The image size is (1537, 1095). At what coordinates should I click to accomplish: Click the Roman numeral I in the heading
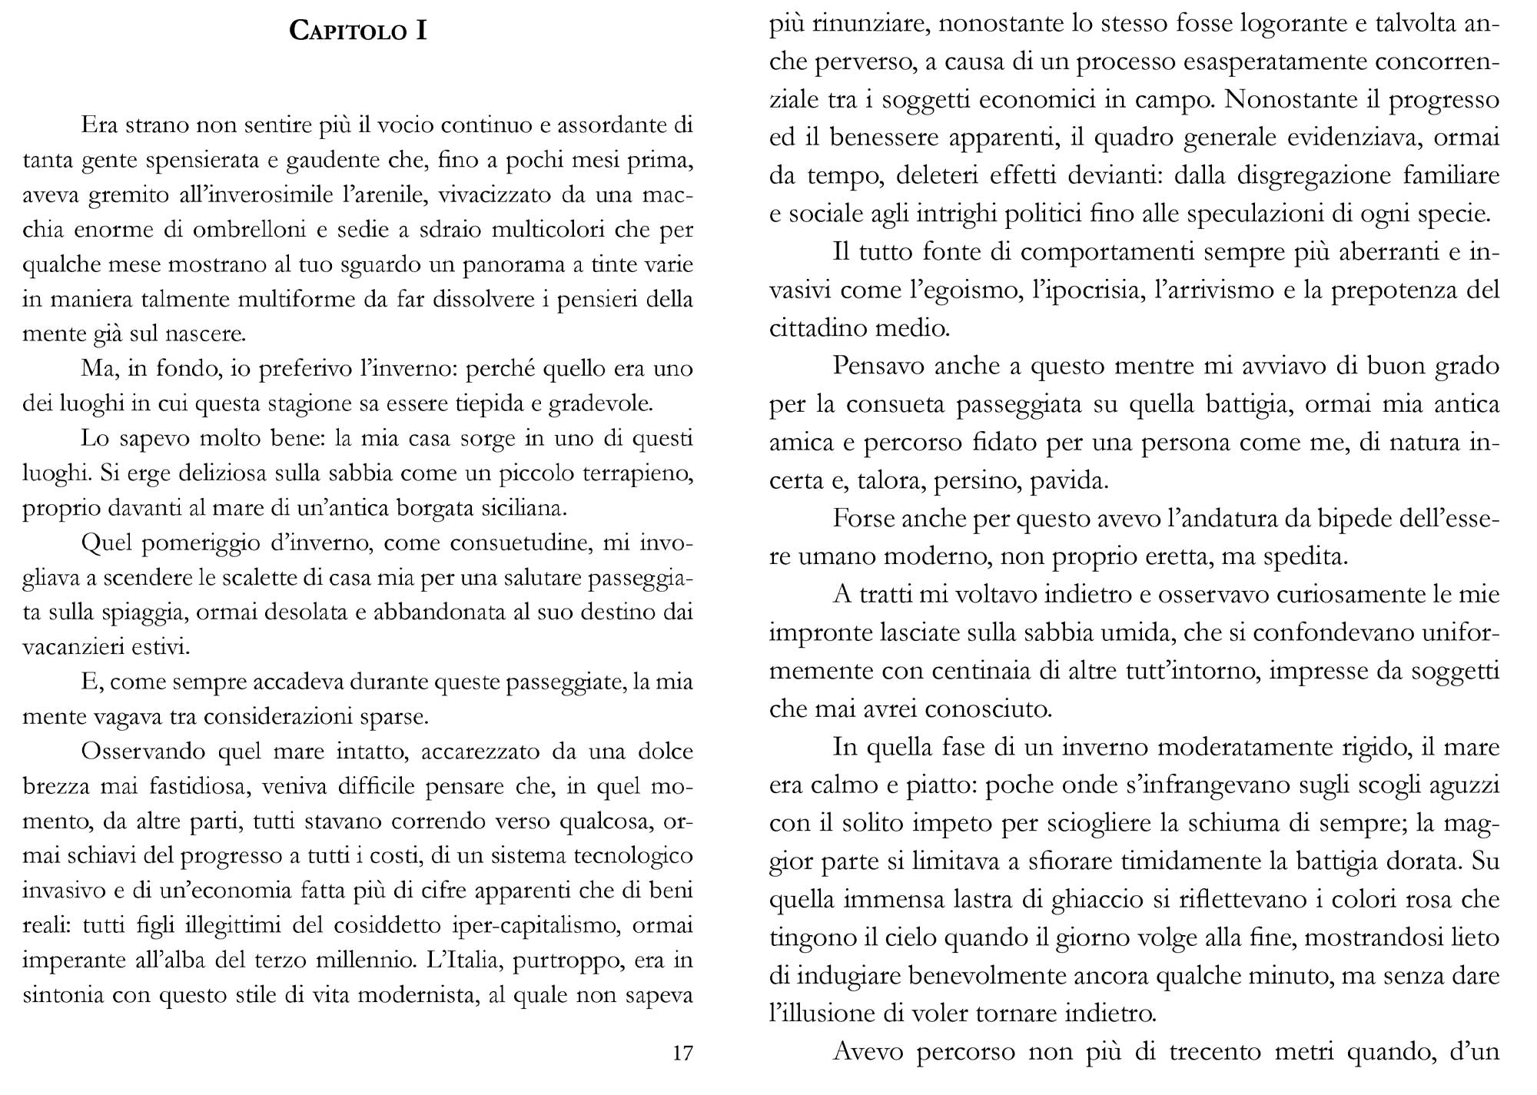pyautogui.click(x=421, y=32)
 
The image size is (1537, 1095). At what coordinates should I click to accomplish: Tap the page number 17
pyautogui.click(x=682, y=1053)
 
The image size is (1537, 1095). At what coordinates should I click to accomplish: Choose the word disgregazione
pyautogui.click(x=1318, y=176)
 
